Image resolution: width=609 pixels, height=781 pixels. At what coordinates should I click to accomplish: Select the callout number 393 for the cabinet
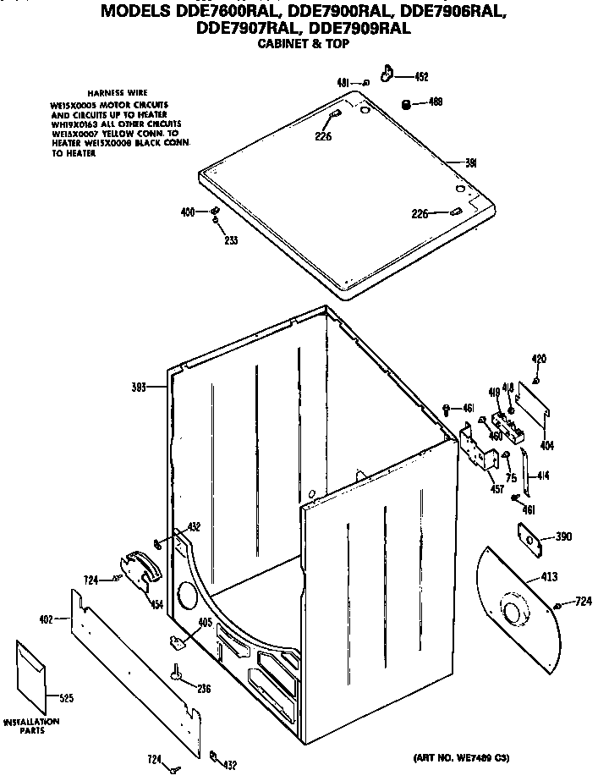click(x=139, y=387)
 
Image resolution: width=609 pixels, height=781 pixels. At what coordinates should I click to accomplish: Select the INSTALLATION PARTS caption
click(x=31, y=726)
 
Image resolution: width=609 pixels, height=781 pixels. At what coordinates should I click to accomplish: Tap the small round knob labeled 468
click(x=406, y=104)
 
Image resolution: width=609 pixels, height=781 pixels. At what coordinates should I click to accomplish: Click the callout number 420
click(x=538, y=359)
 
